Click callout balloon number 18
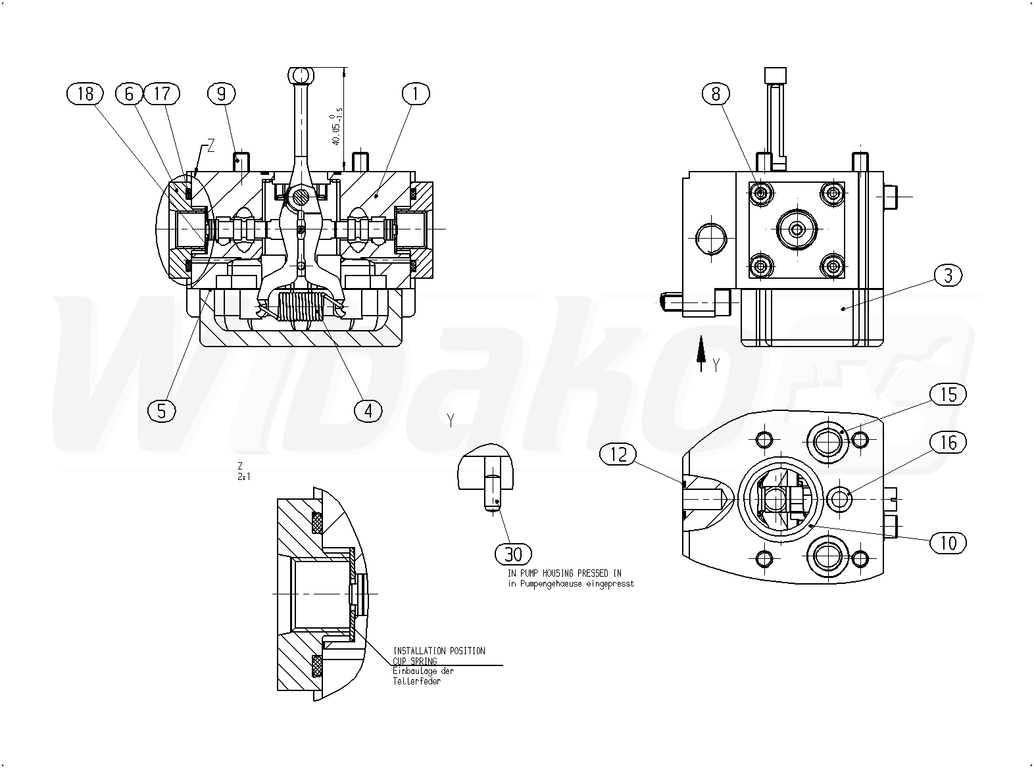pos(86,94)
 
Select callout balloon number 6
pos(129,94)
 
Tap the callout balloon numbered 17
pos(162,94)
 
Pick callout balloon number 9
pos(221,94)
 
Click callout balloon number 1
pos(415,94)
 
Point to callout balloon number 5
pos(162,411)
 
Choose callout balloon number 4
pos(368,411)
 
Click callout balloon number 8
pos(716,94)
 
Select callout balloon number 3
pos(948,276)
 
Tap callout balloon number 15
pos(948,395)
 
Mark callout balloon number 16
pos(948,443)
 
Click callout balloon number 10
pos(948,543)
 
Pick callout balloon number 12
pos(618,454)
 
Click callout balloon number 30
pos(513,554)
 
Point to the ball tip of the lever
pos(301,76)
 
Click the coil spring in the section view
pos(300,307)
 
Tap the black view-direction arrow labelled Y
pos(701,350)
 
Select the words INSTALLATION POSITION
pos(439,651)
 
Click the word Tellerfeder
pos(416,681)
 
